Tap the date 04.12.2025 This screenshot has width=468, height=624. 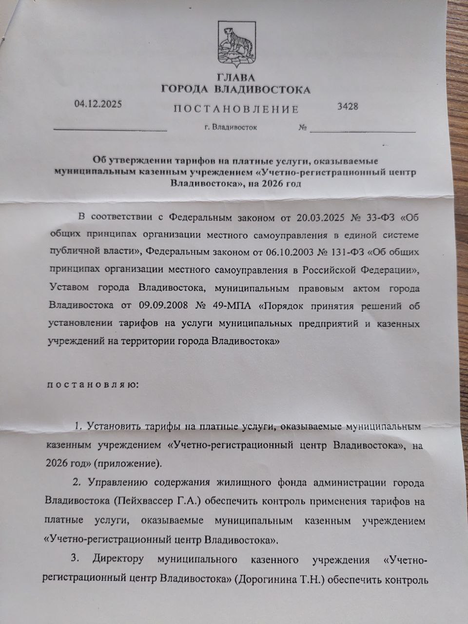coord(98,104)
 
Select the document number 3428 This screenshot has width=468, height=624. coord(348,106)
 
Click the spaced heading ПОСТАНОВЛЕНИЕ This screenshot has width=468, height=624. coord(236,109)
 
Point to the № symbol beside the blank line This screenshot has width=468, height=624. coord(302,128)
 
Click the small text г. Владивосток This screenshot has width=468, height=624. coord(231,127)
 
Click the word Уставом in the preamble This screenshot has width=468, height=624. coord(70,288)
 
